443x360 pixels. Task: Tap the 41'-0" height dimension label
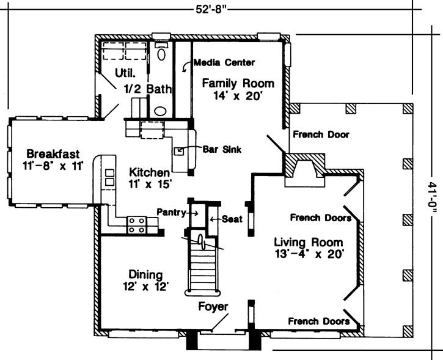pyautogui.click(x=432, y=201)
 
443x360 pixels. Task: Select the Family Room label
pyautogui.click(x=238, y=83)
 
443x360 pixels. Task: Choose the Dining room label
pyautogui.click(x=145, y=274)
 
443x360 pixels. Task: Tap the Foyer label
pyautogui.click(x=213, y=306)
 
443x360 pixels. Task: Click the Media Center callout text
pyautogui.click(x=224, y=62)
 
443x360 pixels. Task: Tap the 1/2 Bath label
pyautogui.click(x=147, y=89)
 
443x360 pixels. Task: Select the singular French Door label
pyautogui.click(x=320, y=134)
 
